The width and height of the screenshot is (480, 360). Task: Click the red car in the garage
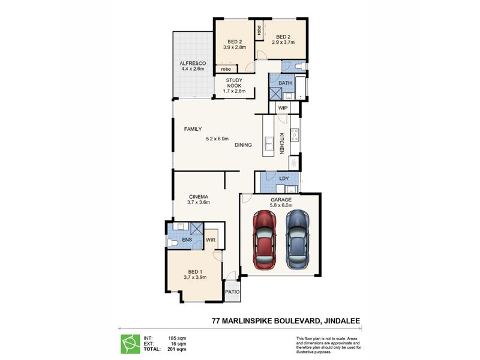(x=265, y=239)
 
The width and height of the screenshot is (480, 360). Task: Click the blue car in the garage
(x=298, y=239)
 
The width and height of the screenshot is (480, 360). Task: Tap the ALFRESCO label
(x=193, y=64)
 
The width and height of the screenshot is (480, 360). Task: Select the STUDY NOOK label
(x=234, y=83)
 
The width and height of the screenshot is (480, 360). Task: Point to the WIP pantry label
(x=283, y=108)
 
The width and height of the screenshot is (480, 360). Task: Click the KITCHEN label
(x=281, y=143)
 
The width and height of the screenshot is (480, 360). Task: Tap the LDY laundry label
(x=284, y=178)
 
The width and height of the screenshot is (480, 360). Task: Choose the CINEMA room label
(x=199, y=197)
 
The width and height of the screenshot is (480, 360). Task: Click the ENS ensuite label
(x=187, y=239)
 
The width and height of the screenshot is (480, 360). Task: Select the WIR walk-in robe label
(x=211, y=240)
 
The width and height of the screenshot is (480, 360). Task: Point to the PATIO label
(x=232, y=292)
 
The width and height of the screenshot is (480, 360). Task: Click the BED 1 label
(x=195, y=272)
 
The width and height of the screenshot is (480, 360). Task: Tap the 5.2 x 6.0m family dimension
(x=217, y=139)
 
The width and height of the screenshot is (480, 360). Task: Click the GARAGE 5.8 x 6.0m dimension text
(x=281, y=205)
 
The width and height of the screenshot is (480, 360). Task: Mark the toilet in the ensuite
(x=173, y=243)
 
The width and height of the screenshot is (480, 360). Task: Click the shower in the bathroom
(x=275, y=94)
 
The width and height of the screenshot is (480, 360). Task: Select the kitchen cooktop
(x=295, y=134)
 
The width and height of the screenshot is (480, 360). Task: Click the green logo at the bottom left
(x=130, y=344)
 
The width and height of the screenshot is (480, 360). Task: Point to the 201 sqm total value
(x=176, y=349)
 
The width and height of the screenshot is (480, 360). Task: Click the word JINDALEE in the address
(x=343, y=321)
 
